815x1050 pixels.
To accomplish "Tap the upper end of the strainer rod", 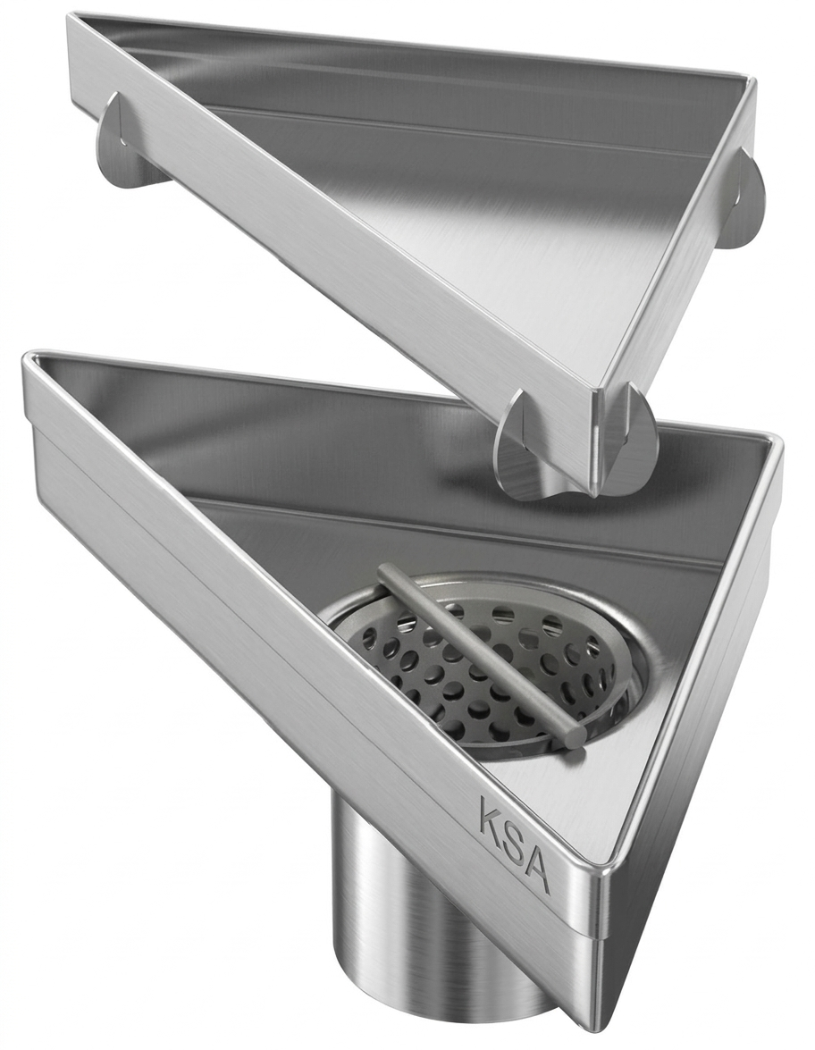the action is (x=386, y=573).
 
